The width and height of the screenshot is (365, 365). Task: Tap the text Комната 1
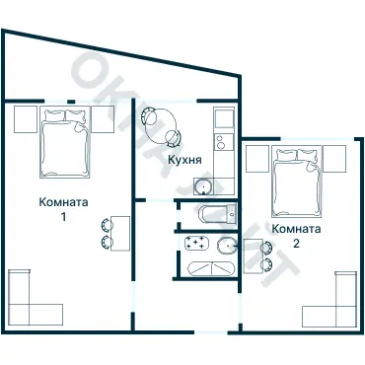tap(63, 209)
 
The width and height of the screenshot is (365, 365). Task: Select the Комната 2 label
tap(296, 236)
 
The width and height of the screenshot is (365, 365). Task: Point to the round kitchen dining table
tap(160, 125)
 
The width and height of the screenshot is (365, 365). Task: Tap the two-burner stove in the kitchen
tap(223, 122)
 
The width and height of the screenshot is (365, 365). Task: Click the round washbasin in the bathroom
tap(226, 246)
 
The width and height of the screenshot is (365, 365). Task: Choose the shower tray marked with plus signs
tap(194, 243)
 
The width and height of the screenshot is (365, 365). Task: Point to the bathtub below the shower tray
tap(204, 267)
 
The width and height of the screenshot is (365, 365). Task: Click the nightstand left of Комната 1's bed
tap(26, 118)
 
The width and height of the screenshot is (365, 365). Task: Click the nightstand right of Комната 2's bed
tap(335, 157)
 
